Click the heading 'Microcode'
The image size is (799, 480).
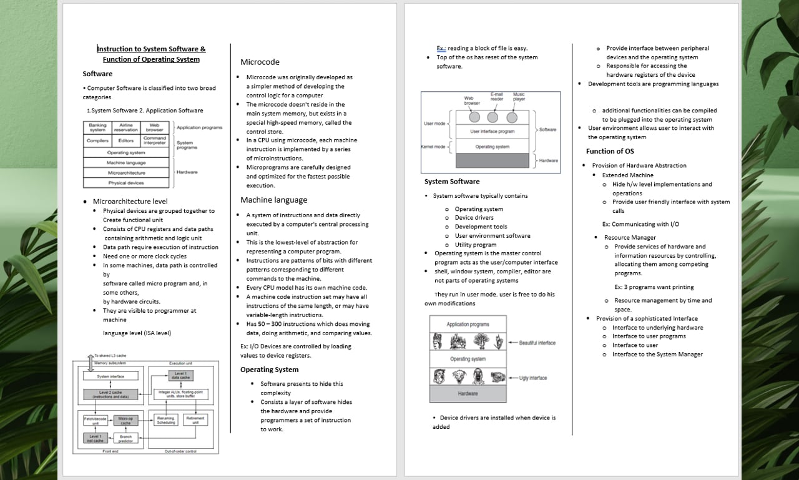point(260,62)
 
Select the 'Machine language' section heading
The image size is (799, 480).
point(273,200)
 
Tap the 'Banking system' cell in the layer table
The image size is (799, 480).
point(97,127)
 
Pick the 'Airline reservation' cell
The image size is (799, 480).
point(125,127)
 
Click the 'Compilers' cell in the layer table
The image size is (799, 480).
point(97,140)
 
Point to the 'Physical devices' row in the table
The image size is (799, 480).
point(126,183)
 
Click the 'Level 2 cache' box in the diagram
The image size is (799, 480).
point(110,394)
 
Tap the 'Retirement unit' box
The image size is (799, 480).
point(195,420)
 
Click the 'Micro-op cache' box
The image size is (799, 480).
point(125,420)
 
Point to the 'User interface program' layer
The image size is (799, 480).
point(493,132)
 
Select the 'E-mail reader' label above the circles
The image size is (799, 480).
point(496,96)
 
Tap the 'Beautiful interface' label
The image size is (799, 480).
point(537,343)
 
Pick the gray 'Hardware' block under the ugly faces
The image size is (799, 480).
point(468,394)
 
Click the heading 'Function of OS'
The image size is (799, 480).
point(609,151)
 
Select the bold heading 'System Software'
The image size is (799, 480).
point(452,182)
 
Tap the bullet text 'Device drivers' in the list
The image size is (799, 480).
point(474,218)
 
